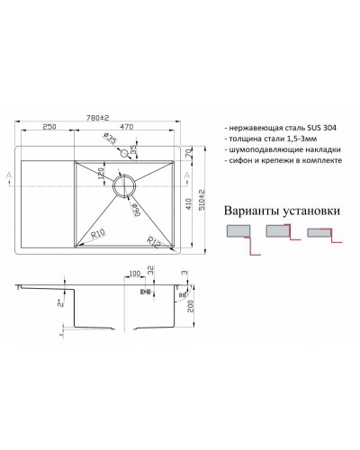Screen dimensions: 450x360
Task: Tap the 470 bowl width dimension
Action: (x=130, y=129)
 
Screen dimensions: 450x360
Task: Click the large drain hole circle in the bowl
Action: (x=123, y=184)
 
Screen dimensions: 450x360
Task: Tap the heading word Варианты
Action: (x=253, y=210)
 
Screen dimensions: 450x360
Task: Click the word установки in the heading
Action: (x=312, y=210)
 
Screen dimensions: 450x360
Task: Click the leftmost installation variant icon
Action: (x=238, y=234)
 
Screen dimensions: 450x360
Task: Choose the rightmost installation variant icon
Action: (x=321, y=233)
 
